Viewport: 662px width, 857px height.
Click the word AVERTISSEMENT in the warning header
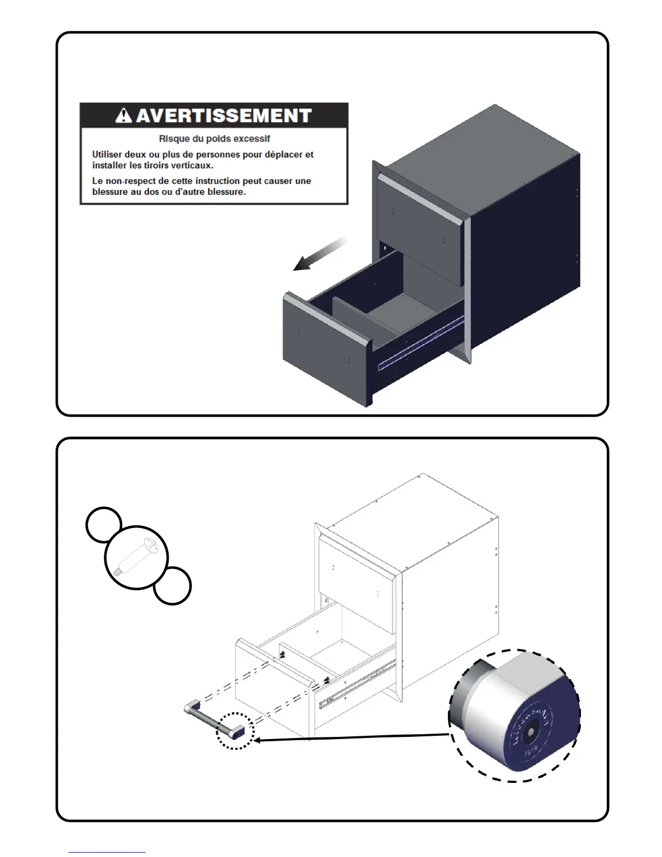tap(223, 115)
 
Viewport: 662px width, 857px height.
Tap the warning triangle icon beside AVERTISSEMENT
tap(124, 115)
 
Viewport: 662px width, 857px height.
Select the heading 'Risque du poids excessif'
tap(214, 139)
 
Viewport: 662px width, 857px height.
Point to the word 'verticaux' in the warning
tap(193, 165)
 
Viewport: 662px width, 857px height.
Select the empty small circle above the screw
tap(104, 524)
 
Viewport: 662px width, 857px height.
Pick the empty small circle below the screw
tap(172, 585)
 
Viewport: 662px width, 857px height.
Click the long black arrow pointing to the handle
tap(352, 737)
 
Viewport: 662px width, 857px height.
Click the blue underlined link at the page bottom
tap(107, 852)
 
